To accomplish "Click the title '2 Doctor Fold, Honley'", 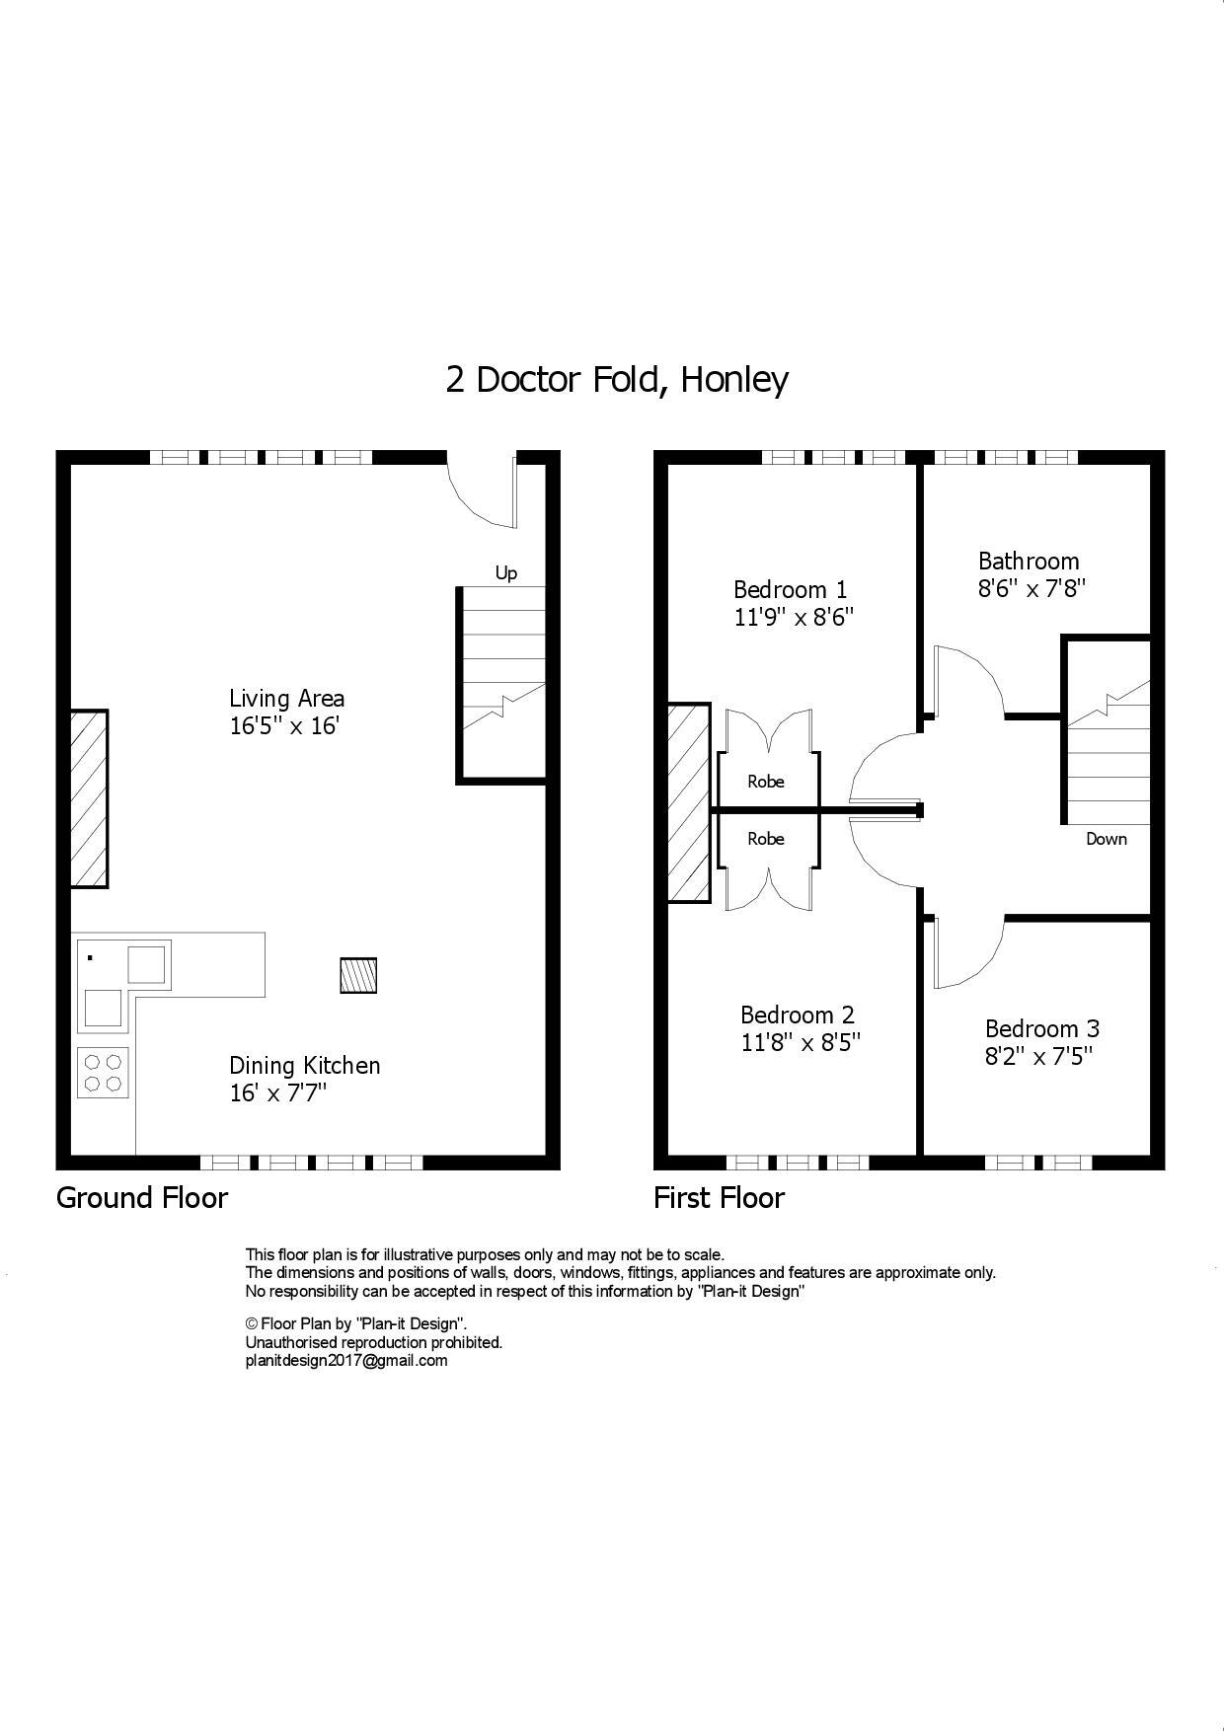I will [x=617, y=379].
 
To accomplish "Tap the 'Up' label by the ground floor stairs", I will [x=505, y=573].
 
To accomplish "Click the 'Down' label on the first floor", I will [x=1106, y=839].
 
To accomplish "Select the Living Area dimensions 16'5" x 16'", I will [x=285, y=726].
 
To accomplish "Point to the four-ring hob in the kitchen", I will [x=103, y=1073].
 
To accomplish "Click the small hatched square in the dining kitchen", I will [x=358, y=975].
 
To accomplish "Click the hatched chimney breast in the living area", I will [x=89, y=798].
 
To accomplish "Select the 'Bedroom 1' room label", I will [x=790, y=590].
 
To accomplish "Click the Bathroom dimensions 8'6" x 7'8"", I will [x=1032, y=589].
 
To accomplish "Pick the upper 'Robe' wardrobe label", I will [x=766, y=782].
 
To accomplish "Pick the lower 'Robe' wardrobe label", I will [x=766, y=839].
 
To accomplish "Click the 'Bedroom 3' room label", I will [x=1041, y=1028].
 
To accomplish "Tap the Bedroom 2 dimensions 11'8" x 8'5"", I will [x=801, y=1043].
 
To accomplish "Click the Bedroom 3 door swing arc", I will [x=967, y=952].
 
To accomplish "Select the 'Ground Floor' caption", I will [x=142, y=1198].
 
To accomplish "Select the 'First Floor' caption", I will [x=719, y=1198].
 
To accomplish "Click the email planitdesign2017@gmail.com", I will [x=345, y=1361].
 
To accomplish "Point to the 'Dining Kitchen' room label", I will [x=304, y=1066].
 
